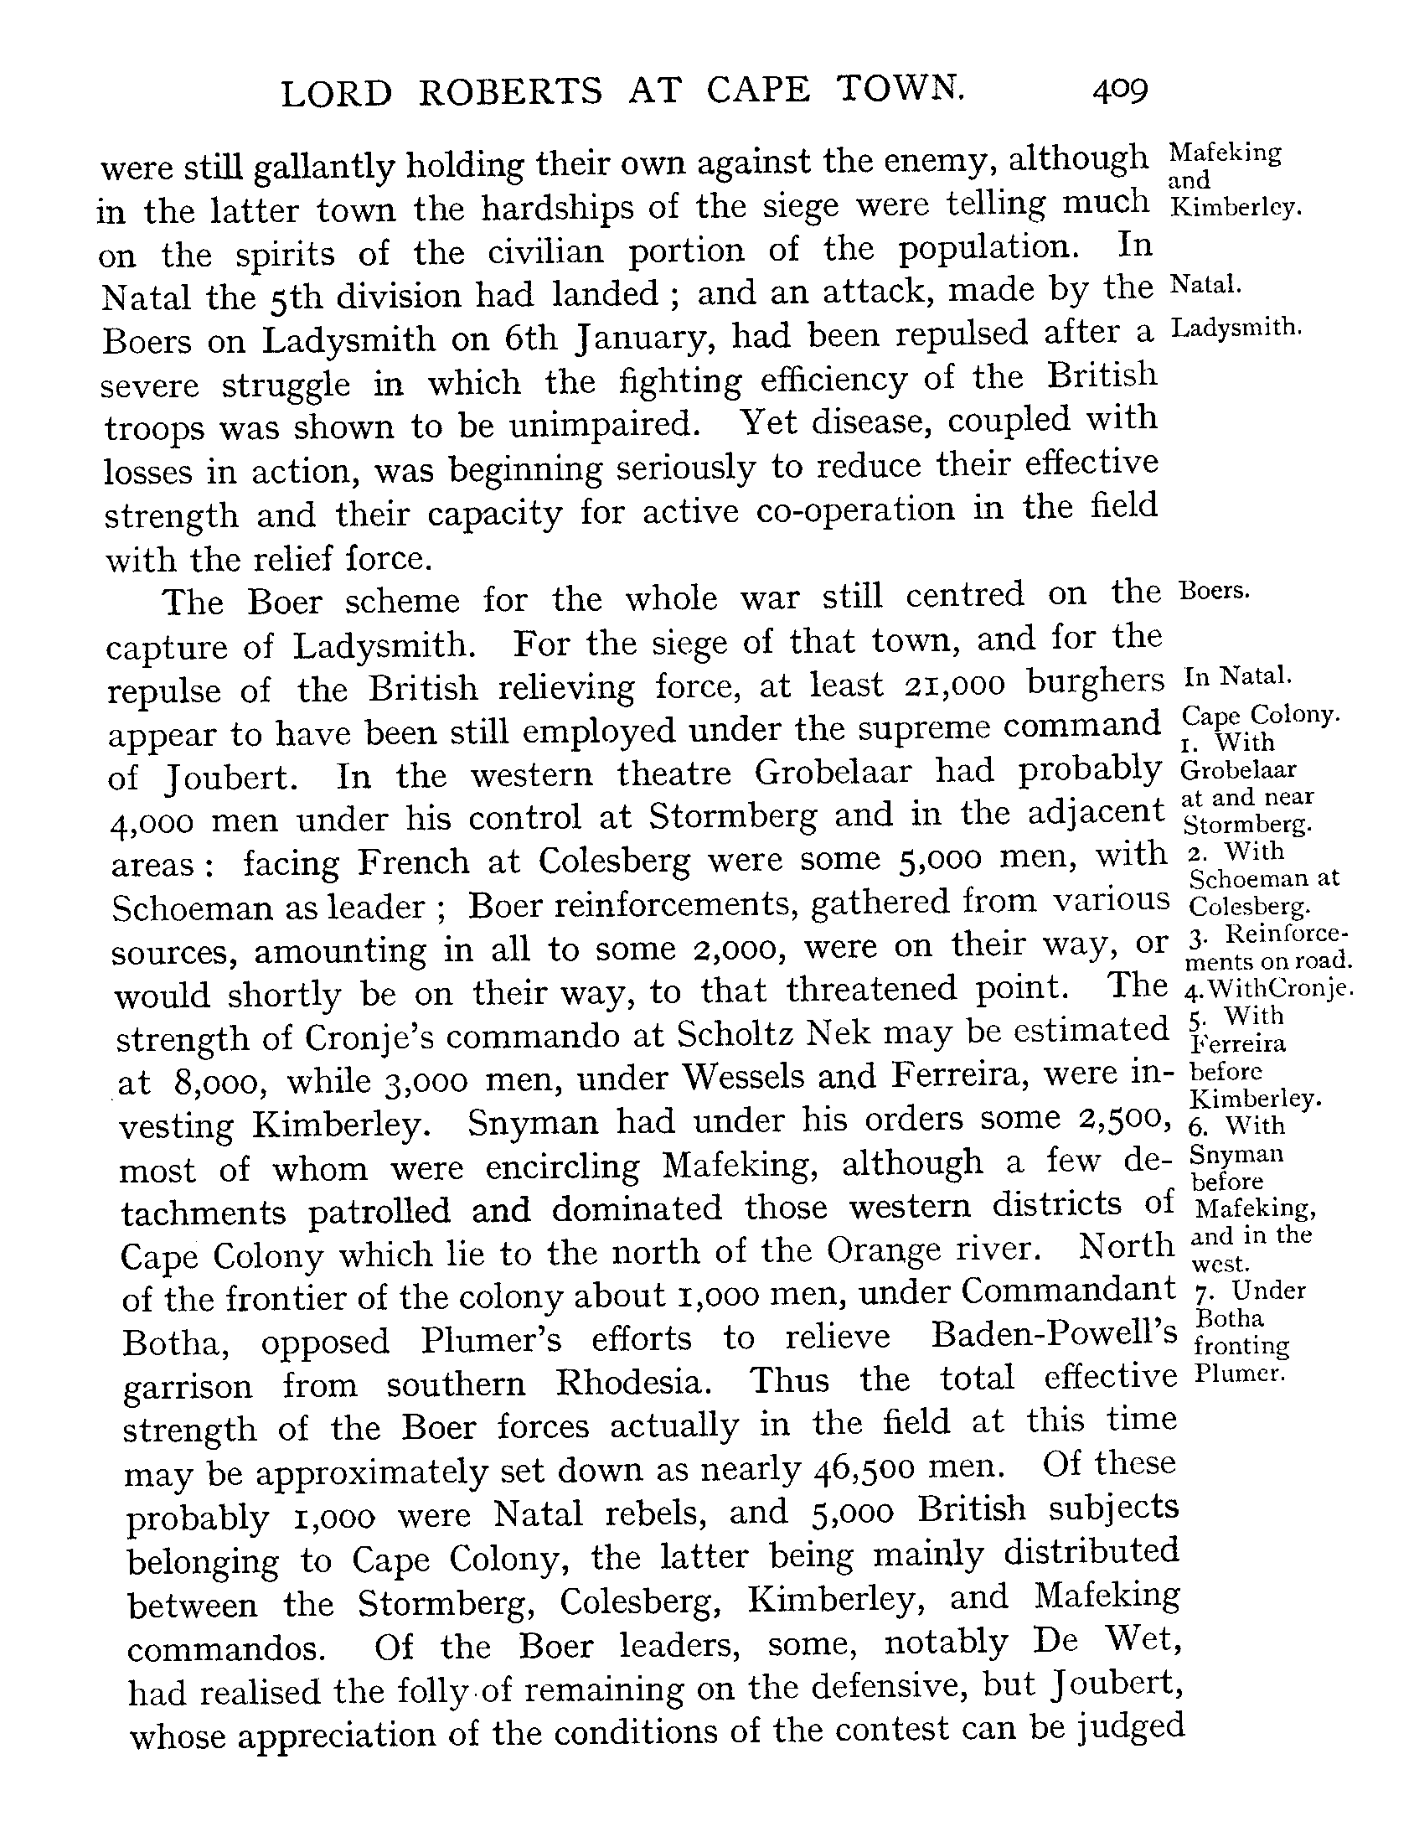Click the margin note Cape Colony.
pyautogui.click(x=1260, y=716)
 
